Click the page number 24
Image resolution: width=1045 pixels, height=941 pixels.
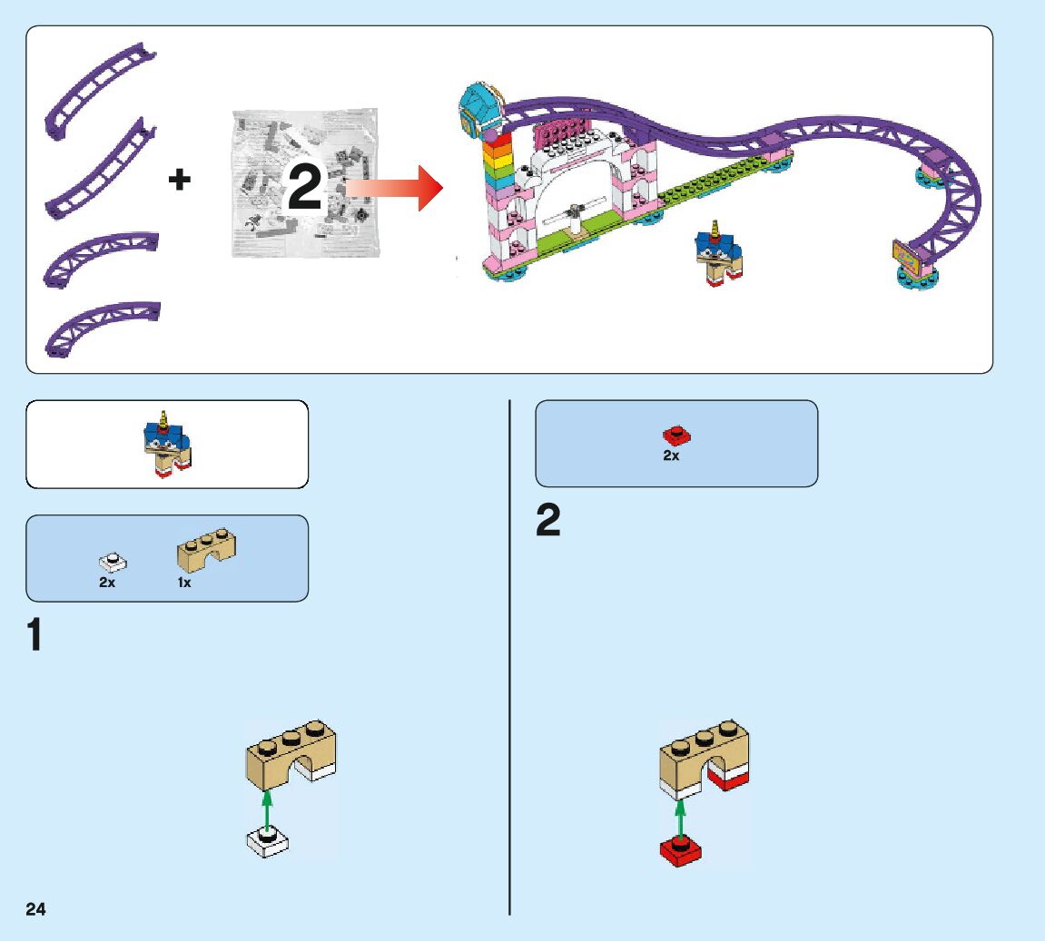[x=36, y=909]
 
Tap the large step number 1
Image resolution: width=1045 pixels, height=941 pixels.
[x=35, y=635]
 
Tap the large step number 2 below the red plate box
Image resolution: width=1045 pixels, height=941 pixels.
[x=548, y=522]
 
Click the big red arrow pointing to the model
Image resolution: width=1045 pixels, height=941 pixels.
[x=395, y=188]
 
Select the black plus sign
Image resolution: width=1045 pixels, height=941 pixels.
[x=180, y=180]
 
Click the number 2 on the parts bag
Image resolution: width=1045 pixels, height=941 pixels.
[x=305, y=188]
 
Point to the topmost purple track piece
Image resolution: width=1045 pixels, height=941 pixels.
[x=99, y=90]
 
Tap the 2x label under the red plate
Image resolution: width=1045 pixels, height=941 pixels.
[x=671, y=456]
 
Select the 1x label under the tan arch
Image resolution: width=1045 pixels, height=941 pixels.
[x=184, y=583]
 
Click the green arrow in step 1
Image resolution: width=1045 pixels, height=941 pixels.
[x=266, y=808]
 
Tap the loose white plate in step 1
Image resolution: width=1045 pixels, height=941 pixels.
[x=268, y=841]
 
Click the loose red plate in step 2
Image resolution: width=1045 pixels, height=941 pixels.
[x=681, y=850]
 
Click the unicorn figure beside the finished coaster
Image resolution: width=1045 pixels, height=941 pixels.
[x=717, y=254]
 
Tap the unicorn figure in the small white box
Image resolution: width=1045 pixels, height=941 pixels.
[x=168, y=446]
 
